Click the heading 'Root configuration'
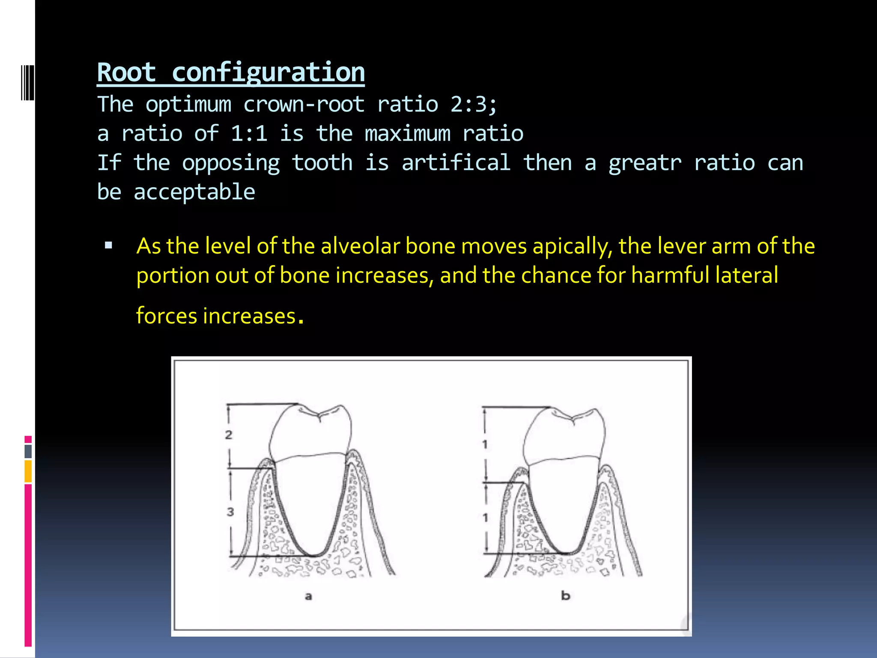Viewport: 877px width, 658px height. [x=231, y=72]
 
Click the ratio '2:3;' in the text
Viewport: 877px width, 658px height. [x=474, y=104]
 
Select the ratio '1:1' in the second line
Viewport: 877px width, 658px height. [x=249, y=133]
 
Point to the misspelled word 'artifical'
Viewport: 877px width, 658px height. [x=456, y=163]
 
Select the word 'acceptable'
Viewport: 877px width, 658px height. [x=194, y=192]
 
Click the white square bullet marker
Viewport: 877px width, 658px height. [x=108, y=245]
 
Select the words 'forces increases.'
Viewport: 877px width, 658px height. [x=220, y=316]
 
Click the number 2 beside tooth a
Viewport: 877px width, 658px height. [x=229, y=435]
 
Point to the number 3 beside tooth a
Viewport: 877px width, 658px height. [x=230, y=511]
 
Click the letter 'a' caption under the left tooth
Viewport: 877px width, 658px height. [x=308, y=596]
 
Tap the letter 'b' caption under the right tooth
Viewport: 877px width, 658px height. [x=565, y=595]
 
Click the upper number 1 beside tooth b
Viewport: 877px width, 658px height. [x=485, y=445]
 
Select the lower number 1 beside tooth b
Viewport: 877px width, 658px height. [x=485, y=518]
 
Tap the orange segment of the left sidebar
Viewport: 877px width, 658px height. [x=28, y=471]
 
